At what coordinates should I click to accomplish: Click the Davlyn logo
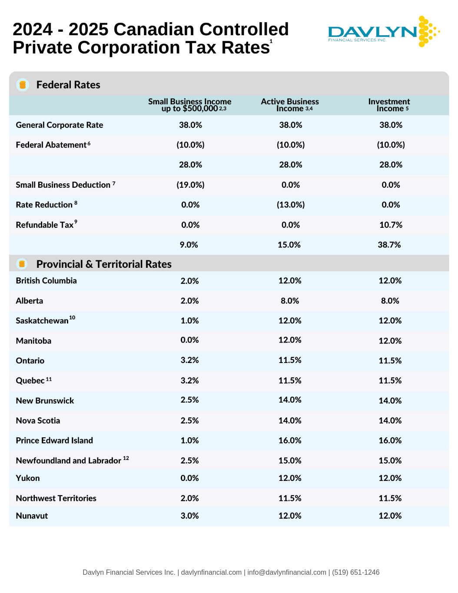tap(383, 32)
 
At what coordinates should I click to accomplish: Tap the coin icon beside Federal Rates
tap(23, 85)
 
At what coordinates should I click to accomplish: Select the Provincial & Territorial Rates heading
tap(104, 264)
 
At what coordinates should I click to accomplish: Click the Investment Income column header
tap(389, 105)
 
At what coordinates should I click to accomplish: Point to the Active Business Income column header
tap(290, 105)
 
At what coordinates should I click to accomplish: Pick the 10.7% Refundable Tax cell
tap(391, 225)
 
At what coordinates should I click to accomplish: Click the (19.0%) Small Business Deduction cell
tap(190, 185)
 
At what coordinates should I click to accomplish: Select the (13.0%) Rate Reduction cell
tap(291, 205)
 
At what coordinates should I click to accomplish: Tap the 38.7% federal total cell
tap(389, 245)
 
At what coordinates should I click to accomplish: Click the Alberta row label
tap(30, 301)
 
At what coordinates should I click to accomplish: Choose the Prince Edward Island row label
tap(54, 440)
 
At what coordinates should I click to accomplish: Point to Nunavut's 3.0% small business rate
tap(189, 516)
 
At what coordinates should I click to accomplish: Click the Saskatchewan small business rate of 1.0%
tap(189, 320)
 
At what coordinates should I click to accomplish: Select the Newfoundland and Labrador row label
tap(69, 460)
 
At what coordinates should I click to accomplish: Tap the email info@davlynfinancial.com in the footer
tap(287, 572)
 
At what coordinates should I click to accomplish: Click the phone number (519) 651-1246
tap(355, 572)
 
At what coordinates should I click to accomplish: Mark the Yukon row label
tap(28, 478)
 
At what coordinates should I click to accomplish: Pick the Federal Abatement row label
tap(51, 145)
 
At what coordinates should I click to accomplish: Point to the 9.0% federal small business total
tap(189, 245)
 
